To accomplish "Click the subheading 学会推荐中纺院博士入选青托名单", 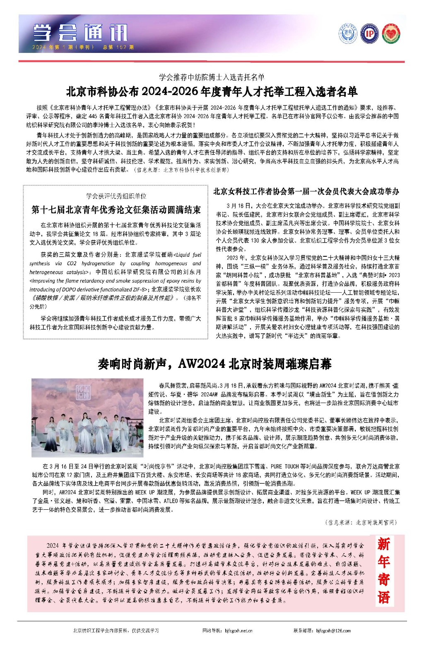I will (x=212, y=77).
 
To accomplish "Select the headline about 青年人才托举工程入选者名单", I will (x=212, y=91).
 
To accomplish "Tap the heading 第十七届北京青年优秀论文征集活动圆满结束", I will (x=116, y=210).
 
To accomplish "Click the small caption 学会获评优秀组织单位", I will (x=116, y=196).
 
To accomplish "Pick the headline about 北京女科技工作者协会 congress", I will (x=306, y=191).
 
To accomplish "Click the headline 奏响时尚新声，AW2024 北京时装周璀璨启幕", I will (x=214, y=364).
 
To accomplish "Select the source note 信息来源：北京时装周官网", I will (x=360, y=523).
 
